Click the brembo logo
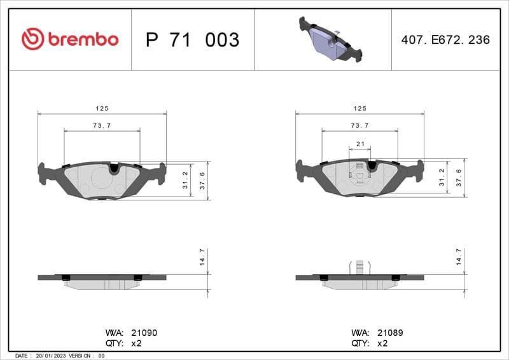point(70,39)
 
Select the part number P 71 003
point(192,40)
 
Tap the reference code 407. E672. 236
point(445,39)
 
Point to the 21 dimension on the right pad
point(360,144)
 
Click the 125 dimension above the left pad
point(102,109)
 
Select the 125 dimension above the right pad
point(360,109)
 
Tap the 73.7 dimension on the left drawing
point(102,126)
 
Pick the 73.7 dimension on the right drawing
point(360,126)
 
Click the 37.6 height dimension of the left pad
point(202,181)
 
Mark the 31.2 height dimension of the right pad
point(442,179)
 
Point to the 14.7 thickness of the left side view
point(202,257)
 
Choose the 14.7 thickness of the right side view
point(459,257)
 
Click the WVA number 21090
point(144,333)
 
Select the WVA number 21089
point(390,333)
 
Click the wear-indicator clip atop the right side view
point(360,267)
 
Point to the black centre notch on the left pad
point(115,169)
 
